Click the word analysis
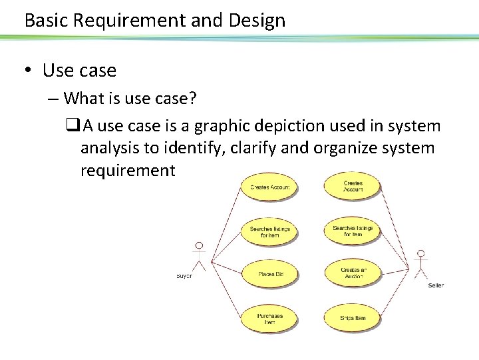pos(111,147)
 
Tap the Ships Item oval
pos(353,317)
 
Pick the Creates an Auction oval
pos(353,273)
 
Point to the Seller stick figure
pos(420,263)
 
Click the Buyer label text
pos(184,275)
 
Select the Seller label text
pos(436,285)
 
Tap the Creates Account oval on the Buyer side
pos(269,187)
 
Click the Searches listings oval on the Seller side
pos(353,231)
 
